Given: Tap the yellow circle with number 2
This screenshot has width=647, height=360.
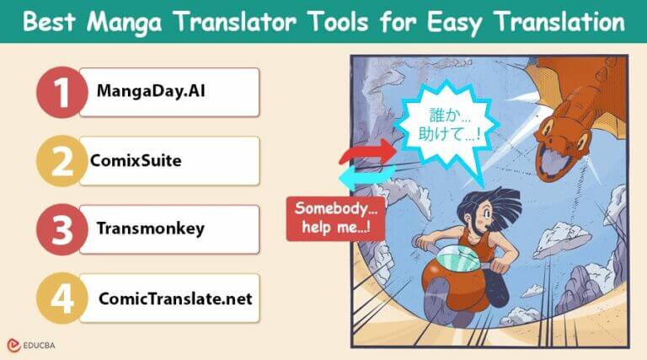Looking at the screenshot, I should coord(61,161).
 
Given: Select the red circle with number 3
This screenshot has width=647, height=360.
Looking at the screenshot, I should coord(61,228).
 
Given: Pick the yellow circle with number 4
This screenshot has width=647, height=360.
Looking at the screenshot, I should coord(61,298).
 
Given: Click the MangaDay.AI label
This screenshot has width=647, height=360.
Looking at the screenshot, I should coord(139,93).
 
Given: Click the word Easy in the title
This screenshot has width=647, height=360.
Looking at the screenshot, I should coord(458,22).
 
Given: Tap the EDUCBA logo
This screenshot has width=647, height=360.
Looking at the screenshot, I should coord(33,345).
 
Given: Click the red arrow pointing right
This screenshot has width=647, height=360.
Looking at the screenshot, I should coord(365,152).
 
